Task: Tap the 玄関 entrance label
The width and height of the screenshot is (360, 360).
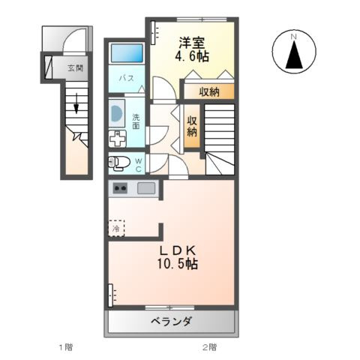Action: click(x=76, y=68)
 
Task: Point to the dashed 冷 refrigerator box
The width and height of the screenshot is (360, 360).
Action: click(x=116, y=226)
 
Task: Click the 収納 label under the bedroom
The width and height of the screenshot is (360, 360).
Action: click(x=210, y=91)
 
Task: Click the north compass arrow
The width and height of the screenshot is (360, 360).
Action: click(x=295, y=55)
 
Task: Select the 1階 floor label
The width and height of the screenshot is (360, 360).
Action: click(x=66, y=347)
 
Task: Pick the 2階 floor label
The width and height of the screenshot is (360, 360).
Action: click(x=208, y=347)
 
